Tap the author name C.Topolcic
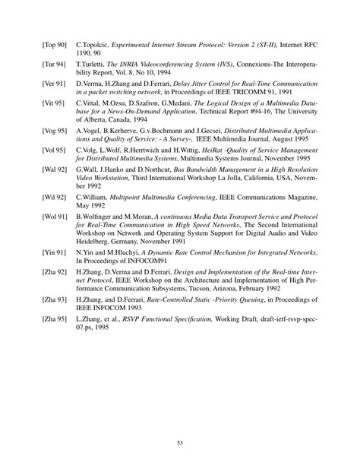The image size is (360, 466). (x=93, y=48)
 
